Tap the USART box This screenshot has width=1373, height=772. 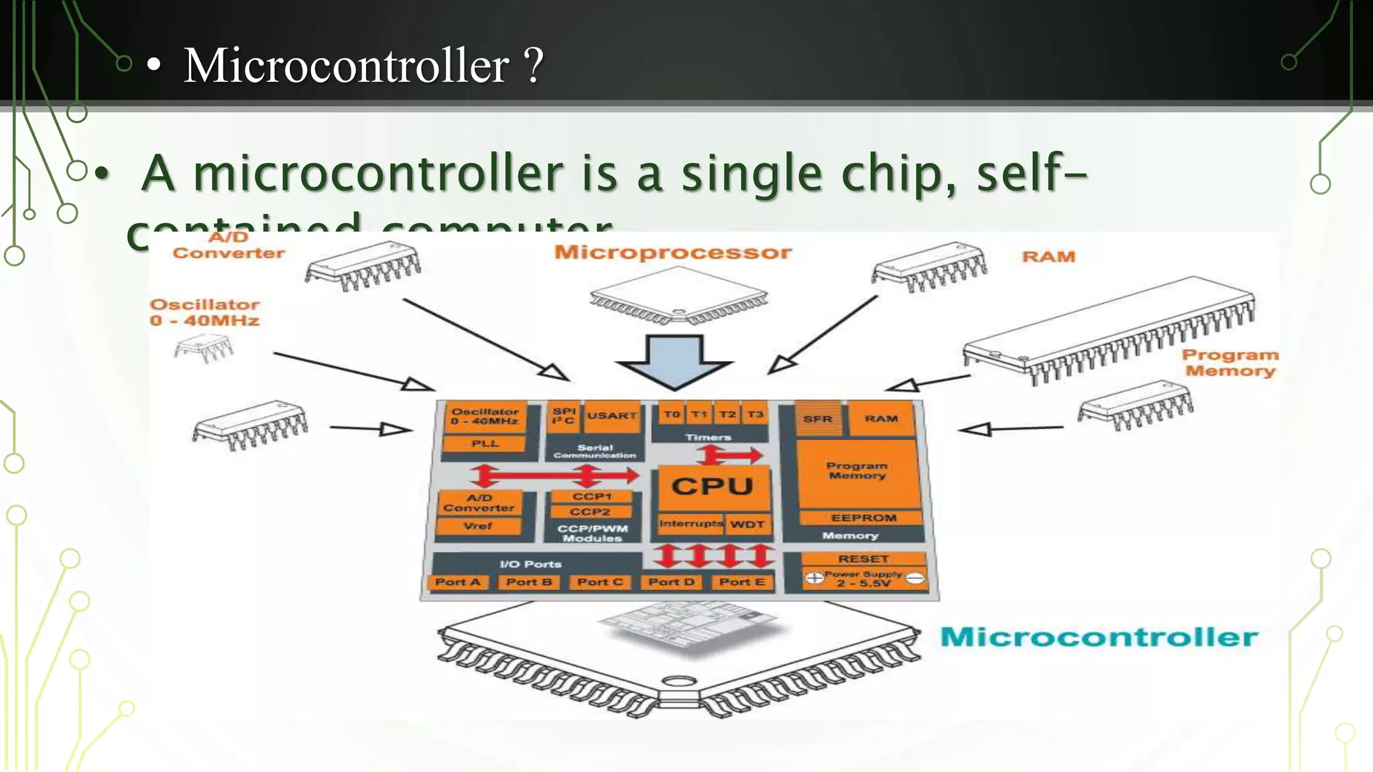click(x=611, y=416)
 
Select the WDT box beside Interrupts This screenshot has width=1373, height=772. click(x=747, y=524)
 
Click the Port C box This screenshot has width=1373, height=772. click(x=600, y=582)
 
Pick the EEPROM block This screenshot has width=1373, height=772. click(x=863, y=518)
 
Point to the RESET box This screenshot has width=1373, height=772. click(x=863, y=559)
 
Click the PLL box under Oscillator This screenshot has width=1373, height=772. click(x=485, y=444)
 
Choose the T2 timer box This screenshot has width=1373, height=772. click(x=727, y=415)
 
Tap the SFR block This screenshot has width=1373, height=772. click(x=818, y=419)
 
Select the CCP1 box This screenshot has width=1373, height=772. click(x=591, y=497)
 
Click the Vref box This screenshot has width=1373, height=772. click(x=477, y=526)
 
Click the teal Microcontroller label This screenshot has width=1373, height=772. click(x=1099, y=637)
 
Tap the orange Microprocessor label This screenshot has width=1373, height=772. click(x=672, y=253)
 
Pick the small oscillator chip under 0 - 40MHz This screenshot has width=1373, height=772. click(x=203, y=348)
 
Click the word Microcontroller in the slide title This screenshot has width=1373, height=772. click(x=346, y=66)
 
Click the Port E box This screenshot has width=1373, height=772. click(x=741, y=582)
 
